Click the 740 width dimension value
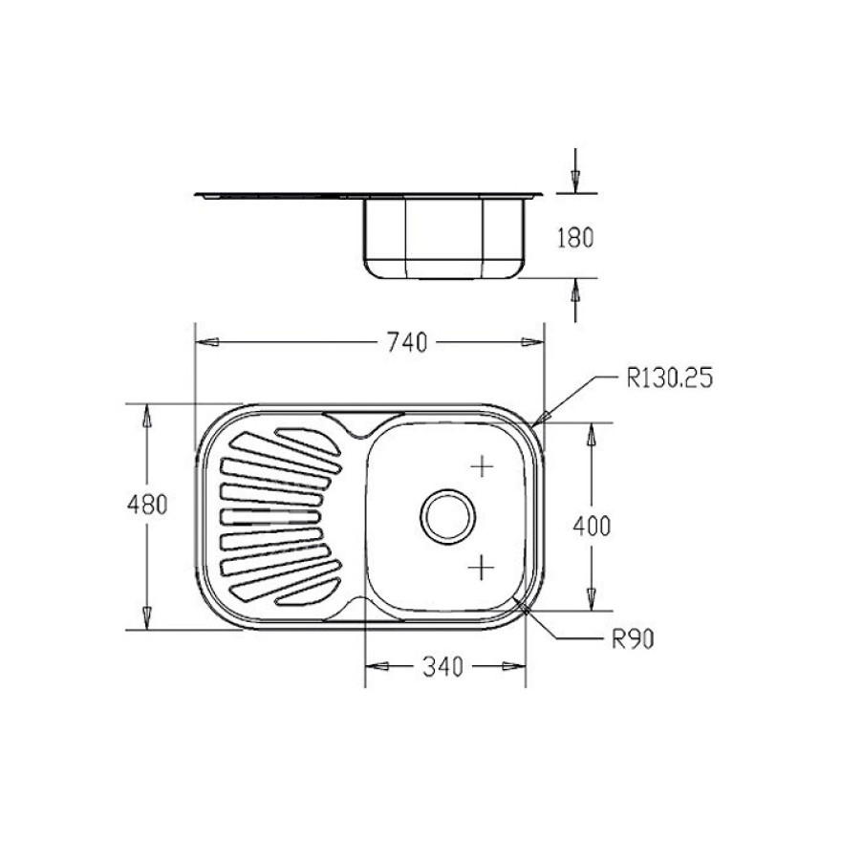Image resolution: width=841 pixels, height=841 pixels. click(x=407, y=343)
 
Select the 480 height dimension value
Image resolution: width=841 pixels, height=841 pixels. click(x=147, y=505)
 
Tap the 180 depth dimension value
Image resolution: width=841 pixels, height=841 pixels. click(x=575, y=238)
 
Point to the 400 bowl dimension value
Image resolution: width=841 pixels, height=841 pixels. click(x=592, y=526)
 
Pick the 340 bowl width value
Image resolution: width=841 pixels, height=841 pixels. click(x=442, y=667)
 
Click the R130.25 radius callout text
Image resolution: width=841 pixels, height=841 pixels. click(x=670, y=377)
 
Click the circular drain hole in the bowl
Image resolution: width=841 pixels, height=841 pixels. click(x=448, y=517)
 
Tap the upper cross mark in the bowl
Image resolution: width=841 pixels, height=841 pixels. click(x=483, y=466)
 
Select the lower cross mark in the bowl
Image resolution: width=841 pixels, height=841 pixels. click(x=481, y=568)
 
